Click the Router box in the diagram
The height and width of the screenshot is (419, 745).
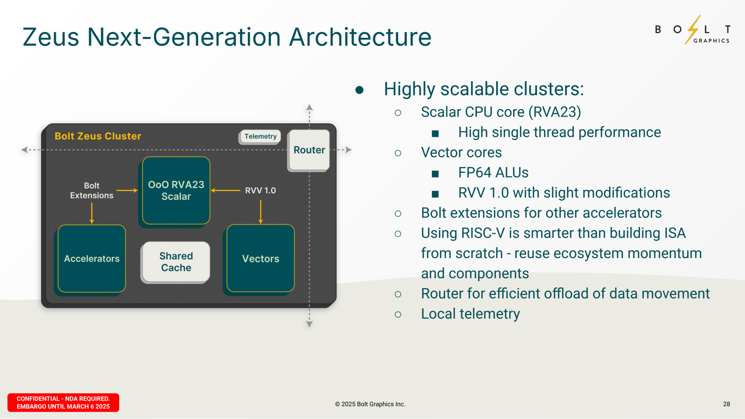pos(309,150)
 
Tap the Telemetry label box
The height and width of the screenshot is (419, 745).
pos(260,137)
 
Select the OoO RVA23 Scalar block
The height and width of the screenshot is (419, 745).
pos(176,190)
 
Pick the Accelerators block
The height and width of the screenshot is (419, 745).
pos(92,259)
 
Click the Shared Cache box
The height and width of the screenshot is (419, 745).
pos(176,262)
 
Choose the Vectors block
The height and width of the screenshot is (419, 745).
pos(261,259)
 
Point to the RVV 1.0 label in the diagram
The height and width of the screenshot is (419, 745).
pos(260,190)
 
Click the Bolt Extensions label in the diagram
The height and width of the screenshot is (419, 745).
pos(92,190)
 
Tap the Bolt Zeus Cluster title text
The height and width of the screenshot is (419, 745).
pos(98,136)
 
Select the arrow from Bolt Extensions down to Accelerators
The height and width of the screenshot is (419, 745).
pos(92,213)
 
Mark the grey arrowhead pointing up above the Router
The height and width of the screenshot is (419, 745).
pos(309,108)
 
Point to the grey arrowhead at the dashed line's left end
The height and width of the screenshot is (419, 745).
pos(24,150)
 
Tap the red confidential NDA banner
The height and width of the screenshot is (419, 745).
pos(63,402)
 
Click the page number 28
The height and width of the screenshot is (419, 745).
pos(726,404)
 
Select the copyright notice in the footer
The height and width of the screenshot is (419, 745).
pos(370,404)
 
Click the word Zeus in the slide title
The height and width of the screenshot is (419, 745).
pos(51,37)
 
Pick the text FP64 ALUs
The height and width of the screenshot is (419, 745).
pos(493,172)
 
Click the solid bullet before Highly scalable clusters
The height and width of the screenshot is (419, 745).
pos(360,90)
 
